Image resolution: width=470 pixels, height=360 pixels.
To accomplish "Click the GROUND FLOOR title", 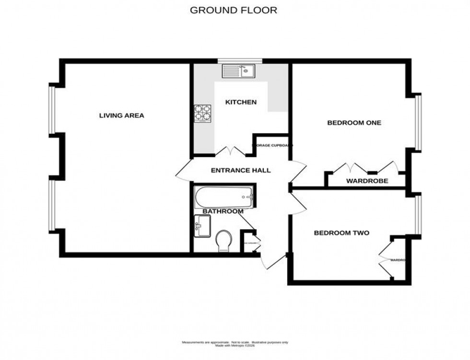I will [234, 10].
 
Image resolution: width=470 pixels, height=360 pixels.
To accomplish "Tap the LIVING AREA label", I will [121, 116].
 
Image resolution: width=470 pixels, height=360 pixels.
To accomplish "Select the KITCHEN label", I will [241, 102].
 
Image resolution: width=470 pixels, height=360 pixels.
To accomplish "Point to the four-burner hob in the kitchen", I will [203, 114].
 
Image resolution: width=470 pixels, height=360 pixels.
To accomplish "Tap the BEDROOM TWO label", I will [341, 233].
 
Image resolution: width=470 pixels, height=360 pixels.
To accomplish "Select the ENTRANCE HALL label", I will [241, 170].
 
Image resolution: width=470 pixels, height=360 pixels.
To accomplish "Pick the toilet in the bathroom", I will [224, 240].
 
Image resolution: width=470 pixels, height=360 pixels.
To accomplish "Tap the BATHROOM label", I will [223, 211].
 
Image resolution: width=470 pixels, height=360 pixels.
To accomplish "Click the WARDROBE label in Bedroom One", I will [367, 181].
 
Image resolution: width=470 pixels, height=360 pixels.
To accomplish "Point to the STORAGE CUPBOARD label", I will [272, 145].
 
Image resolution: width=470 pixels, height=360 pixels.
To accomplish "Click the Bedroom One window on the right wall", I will [418, 122].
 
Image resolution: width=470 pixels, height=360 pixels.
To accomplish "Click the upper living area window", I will [52, 109].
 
